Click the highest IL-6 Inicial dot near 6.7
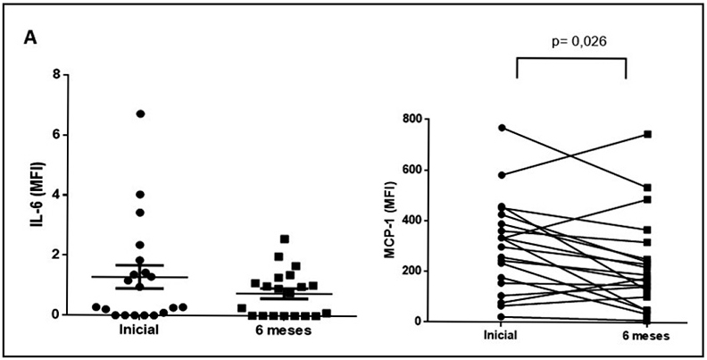click(x=140, y=113)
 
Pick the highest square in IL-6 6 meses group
click(x=284, y=239)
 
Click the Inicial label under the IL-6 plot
click(x=139, y=331)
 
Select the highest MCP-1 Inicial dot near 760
click(x=502, y=128)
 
